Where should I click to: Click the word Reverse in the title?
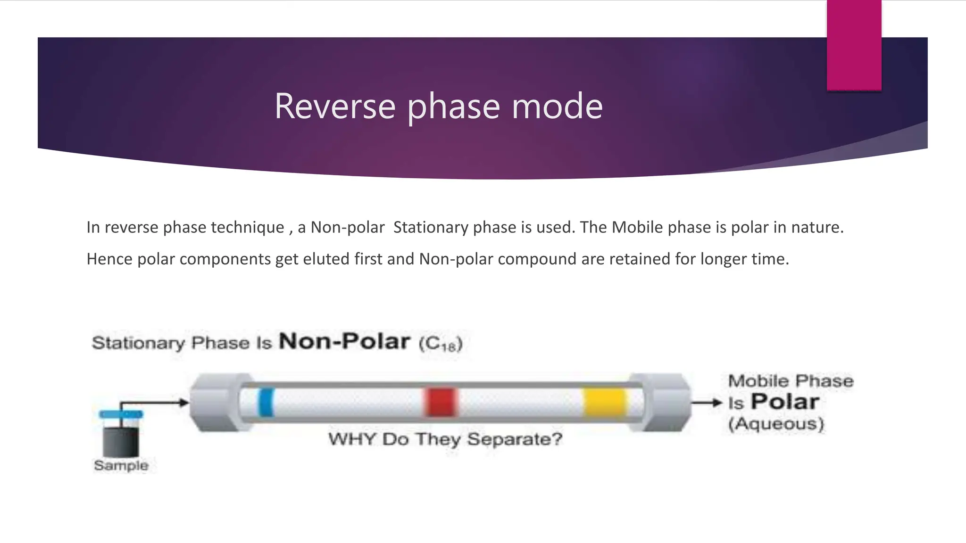point(334,107)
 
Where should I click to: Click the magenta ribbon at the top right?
point(854,45)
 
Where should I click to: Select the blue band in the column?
point(266,402)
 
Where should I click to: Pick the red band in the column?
point(441,402)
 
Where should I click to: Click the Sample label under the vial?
point(121,465)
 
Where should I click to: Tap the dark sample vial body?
point(121,441)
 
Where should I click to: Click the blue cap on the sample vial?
point(121,414)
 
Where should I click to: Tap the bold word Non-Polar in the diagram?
point(344,341)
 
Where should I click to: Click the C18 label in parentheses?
point(441,344)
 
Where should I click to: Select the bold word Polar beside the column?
point(785,402)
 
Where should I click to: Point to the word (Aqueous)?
point(776,424)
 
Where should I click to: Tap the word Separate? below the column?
point(515,439)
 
